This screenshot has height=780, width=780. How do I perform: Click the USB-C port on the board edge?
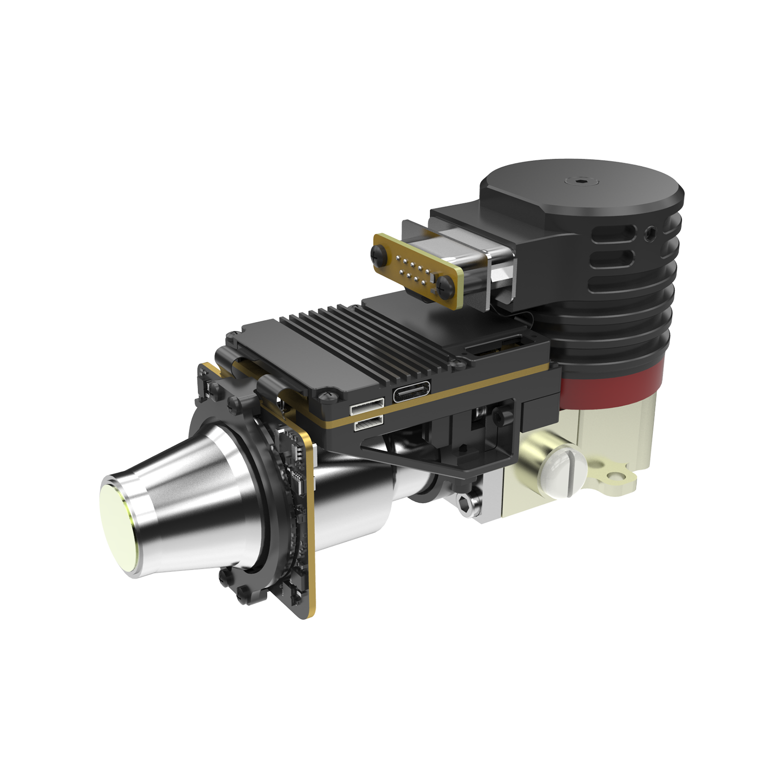click(412, 391)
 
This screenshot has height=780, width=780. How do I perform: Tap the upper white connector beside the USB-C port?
click(367, 406)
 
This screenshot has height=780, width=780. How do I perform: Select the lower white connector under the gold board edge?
click(368, 424)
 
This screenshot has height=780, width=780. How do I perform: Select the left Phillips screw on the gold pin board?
click(379, 252)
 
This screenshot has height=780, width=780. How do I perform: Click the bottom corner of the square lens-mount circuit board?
click(307, 616)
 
